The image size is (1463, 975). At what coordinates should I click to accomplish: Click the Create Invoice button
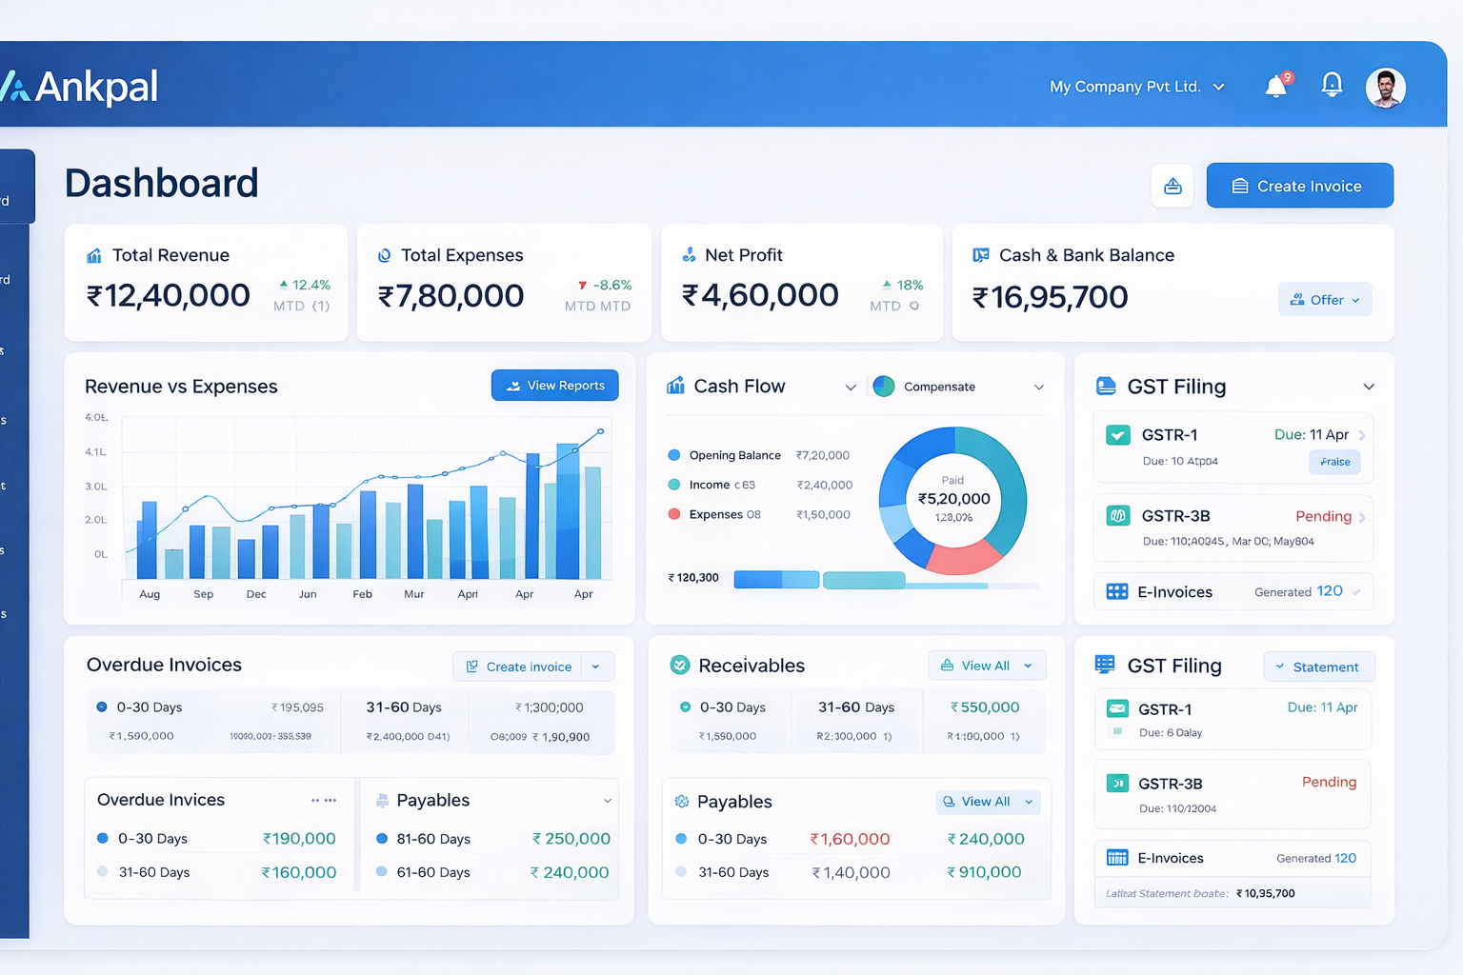pos(1299,186)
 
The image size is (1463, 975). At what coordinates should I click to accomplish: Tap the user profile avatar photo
pos(1385,88)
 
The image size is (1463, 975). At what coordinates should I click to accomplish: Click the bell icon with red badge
pos(1276,87)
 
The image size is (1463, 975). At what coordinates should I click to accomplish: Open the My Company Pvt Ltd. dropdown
pos(1136,87)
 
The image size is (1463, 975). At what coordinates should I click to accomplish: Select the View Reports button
pos(555,386)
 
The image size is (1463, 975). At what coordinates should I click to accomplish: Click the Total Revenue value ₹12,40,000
pos(169,296)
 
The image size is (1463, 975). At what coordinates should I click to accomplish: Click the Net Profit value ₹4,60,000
pos(760,295)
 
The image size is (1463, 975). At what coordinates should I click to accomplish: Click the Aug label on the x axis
pos(150,594)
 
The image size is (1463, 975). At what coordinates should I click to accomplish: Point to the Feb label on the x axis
pos(362,594)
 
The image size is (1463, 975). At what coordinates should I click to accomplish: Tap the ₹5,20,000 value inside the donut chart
pos(953,499)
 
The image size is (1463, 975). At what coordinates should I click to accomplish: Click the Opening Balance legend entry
pos(734,455)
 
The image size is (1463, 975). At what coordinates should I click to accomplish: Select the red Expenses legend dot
pos(674,514)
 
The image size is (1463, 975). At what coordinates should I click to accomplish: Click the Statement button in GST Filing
pos(1319,667)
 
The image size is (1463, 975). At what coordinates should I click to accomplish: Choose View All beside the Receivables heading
pos(987,666)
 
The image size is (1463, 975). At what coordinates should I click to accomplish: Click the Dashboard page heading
pos(162,183)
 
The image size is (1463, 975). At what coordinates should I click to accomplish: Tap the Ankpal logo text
pos(95,87)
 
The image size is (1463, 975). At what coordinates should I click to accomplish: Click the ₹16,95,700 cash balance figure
pos(1050,298)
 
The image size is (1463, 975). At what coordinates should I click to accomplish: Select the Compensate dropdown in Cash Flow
pos(958,387)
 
